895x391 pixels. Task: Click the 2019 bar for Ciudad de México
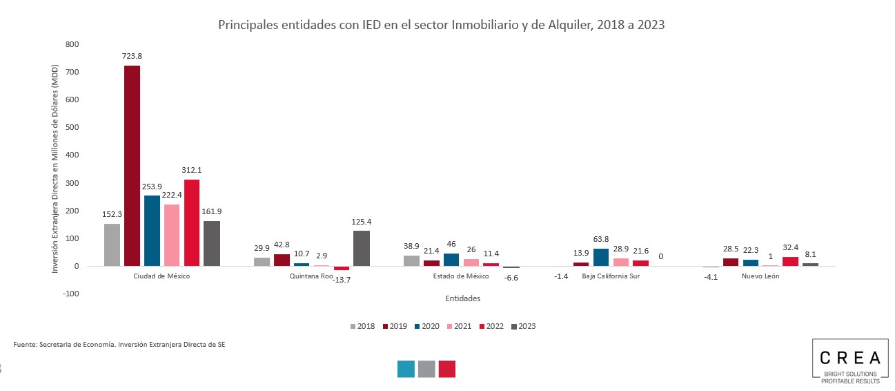(132, 166)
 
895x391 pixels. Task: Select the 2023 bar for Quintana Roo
(362, 248)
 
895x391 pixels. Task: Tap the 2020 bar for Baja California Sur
(601, 257)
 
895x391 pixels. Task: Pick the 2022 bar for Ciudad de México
(192, 222)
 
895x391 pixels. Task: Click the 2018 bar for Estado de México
(411, 260)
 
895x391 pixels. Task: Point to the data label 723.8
(132, 56)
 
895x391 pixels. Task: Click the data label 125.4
(362, 222)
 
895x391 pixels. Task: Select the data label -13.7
(342, 279)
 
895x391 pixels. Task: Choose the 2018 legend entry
(362, 326)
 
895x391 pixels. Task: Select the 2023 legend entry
(523, 326)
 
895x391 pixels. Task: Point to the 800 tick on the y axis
(72, 44)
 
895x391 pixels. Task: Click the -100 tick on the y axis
(70, 294)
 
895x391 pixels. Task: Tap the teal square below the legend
(406, 369)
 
